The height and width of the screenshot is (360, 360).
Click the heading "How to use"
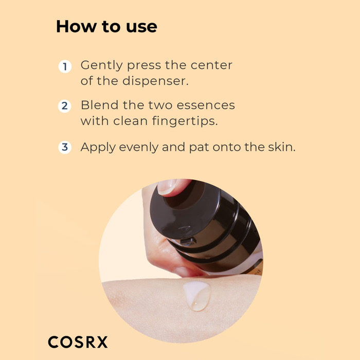[106, 27]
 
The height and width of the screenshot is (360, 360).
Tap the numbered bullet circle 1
[65, 66]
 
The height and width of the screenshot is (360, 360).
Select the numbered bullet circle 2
[65, 106]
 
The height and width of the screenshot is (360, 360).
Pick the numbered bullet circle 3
[65, 147]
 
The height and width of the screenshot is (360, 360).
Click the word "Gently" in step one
[102, 66]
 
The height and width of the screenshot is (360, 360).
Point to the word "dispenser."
[155, 81]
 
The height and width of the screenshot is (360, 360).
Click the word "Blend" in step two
[100, 105]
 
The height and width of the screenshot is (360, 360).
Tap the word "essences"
[206, 105]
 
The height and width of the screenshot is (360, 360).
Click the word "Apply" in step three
[98, 148]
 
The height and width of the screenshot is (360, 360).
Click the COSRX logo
[78, 342]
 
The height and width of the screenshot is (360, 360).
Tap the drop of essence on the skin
[197, 296]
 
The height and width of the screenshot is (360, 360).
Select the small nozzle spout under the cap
[188, 241]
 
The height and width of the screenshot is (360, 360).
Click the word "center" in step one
[211, 65]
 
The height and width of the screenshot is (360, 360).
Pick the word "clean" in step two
[131, 121]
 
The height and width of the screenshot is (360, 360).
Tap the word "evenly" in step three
[139, 148]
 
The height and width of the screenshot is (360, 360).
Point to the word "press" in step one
[144, 66]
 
